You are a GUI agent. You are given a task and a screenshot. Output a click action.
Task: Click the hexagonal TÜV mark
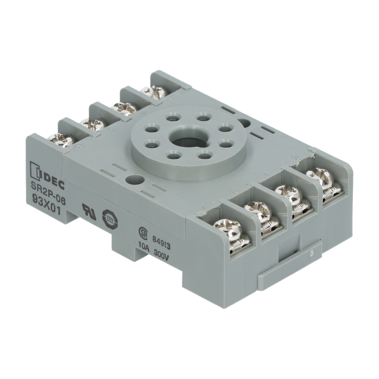point(109,218)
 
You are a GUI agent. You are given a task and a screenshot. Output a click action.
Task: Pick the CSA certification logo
point(143,232)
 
